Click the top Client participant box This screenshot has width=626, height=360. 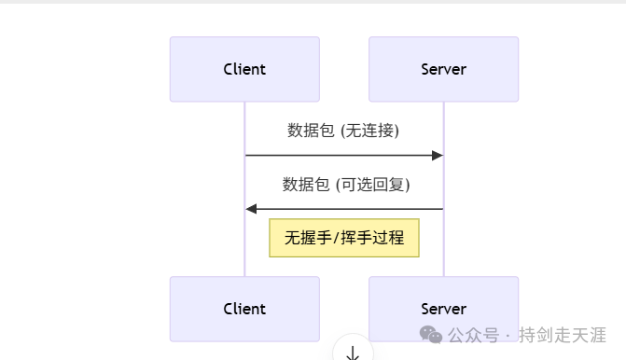click(244, 69)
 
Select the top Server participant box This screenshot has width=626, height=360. click(443, 69)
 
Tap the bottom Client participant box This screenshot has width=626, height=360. click(244, 309)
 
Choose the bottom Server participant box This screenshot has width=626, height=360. click(443, 309)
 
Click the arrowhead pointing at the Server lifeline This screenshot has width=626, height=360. click(437, 156)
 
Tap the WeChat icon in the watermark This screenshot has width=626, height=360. click(431, 334)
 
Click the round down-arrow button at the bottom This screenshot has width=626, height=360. click(353, 351)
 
